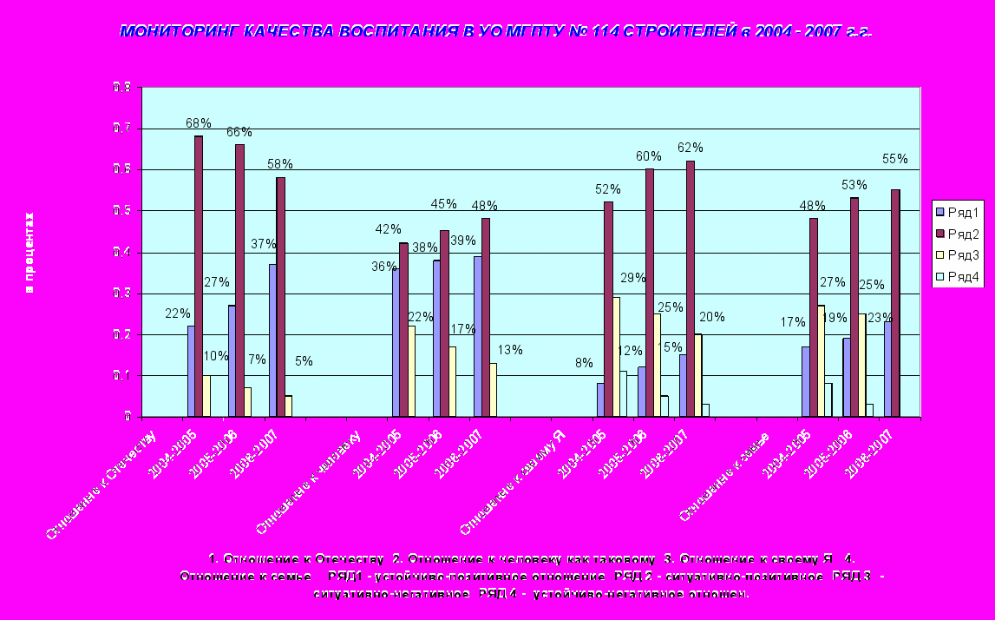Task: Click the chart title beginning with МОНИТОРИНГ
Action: coord(495,31)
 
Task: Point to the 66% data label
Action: coord(239,132)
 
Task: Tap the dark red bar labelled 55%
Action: coord(895,303)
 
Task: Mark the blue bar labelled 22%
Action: coord(191,371)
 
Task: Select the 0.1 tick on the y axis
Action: coord(121,376)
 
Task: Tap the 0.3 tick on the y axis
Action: coord(121,294)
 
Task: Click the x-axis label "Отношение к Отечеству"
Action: coord(100,482)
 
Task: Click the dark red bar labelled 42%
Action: coord(403,329)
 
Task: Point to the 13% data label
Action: coord(510,350)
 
